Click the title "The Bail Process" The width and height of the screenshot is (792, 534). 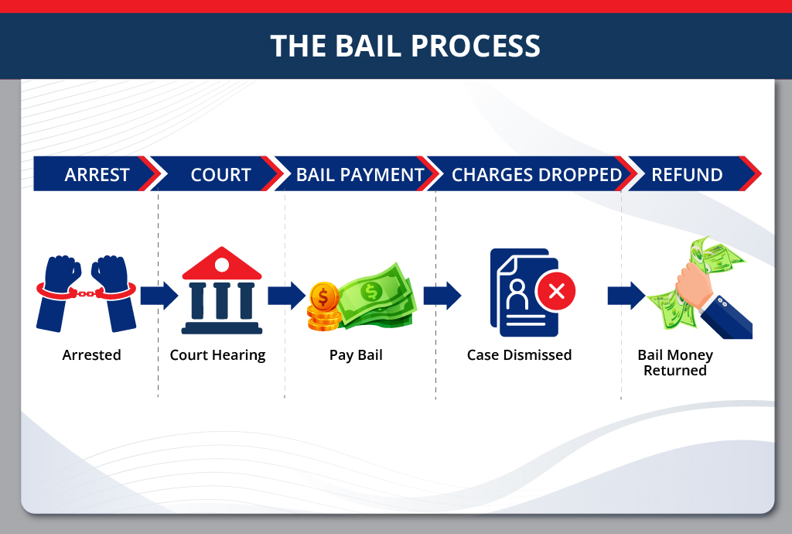point(405,46)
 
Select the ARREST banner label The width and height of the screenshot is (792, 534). point(97,175)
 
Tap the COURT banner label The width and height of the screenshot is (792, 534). point(220,175)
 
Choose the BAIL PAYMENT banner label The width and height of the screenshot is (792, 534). point(360,175)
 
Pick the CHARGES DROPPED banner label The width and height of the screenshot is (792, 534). point(537,175)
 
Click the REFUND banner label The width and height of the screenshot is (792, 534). point(687,175)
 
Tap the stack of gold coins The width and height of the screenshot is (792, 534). point(323,307)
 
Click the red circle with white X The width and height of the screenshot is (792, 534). point(555,291)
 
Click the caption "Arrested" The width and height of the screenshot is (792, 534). point(92,355)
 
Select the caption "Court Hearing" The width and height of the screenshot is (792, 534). point(217,355)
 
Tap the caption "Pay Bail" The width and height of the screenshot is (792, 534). point(357,355)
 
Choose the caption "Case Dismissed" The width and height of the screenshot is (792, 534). point(519,355)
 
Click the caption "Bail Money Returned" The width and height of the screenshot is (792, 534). point(675,363)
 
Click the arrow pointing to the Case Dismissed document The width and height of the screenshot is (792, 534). point(442,296)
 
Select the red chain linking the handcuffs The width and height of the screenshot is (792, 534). point(86,293)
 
